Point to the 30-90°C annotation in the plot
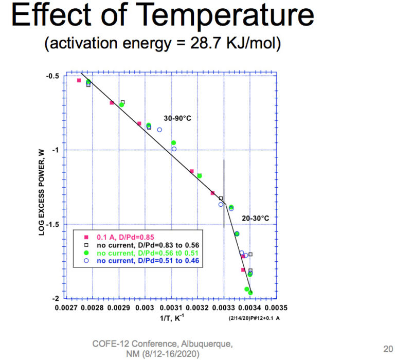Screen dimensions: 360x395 pyautogui.click(x=178, y=118)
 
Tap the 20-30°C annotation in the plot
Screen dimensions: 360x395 pyautogui.click(x=255, y=218)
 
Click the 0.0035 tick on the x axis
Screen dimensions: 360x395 pyautogui.click(x=277, y=308)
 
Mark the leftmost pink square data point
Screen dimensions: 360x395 pyautogui.click(x=79, y=80)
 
